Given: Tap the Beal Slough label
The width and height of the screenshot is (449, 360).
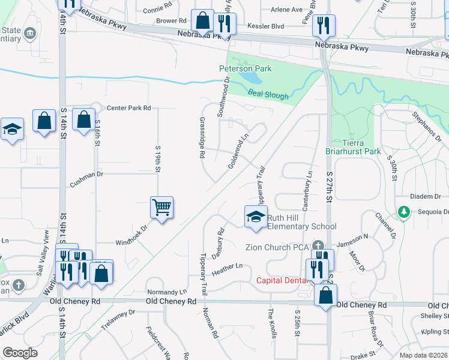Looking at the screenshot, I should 268,95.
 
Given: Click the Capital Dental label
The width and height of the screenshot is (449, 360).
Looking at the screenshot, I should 283,280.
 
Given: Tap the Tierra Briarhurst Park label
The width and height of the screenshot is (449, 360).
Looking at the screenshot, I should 353,147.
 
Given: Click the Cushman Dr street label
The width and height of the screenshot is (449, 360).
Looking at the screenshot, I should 87,173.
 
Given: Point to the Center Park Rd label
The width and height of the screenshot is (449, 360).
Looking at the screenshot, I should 128,108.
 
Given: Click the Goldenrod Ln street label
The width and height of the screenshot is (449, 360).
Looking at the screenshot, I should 238,151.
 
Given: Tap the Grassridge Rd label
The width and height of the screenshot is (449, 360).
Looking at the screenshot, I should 202,137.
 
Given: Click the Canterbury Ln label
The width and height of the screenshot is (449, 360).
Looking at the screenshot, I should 307,190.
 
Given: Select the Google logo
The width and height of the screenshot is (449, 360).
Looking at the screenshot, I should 20,353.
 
